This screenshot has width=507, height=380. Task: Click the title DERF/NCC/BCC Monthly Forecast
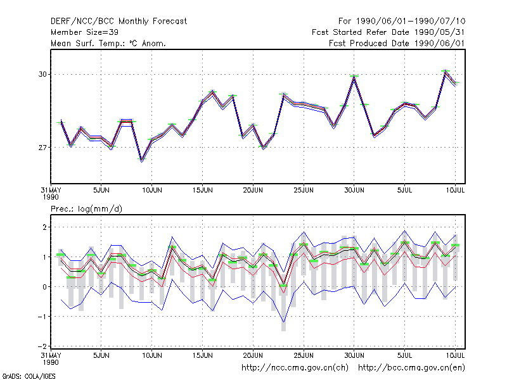tap(119, 22)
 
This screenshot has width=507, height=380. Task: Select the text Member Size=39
tap(84, 32)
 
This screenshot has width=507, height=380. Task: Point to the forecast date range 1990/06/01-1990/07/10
tap(411, 22)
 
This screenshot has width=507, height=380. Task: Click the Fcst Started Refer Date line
tap(388, 32)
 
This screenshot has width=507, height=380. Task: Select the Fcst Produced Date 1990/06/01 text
tap(397, 43)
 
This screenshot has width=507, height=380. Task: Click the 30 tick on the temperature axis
tap(42, 74)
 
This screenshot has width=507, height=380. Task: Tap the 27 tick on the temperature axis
tap(42, 148)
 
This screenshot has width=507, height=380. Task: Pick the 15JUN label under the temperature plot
tap(202, 191)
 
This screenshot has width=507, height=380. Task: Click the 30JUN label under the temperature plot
tap(354, 191)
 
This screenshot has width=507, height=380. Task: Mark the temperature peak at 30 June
tap(354, 77)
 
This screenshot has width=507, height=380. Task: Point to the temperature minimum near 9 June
tap(141, 160)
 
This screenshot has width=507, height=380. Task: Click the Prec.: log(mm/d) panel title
tap(86, 209)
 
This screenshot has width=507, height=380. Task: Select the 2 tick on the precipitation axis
tap(44, 227)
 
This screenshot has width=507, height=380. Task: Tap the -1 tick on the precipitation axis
tap(42, 317)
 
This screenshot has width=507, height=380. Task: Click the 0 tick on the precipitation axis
tap(44, 287)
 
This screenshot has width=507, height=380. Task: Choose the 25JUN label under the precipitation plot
tap(304, 355)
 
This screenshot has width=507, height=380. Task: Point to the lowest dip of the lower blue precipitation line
tap(283, 322)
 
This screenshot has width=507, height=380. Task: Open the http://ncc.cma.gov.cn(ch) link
tap(295, 368)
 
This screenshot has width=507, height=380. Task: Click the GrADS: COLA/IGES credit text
tap(29, 376)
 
